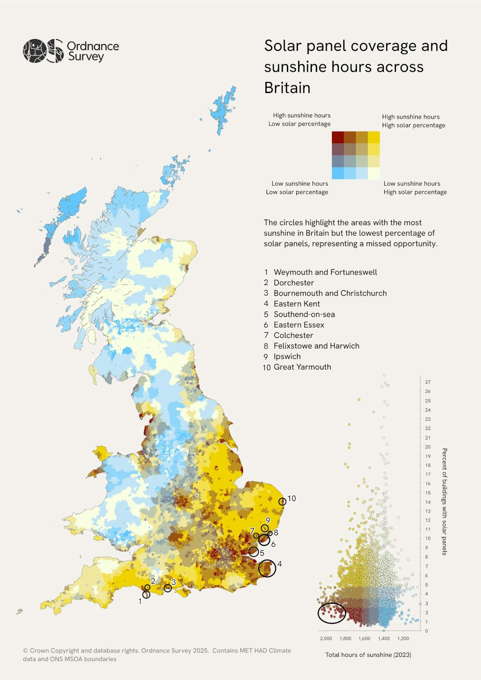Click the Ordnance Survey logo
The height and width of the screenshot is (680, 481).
71,51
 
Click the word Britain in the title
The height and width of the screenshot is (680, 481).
287,88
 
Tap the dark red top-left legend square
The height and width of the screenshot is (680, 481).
338,137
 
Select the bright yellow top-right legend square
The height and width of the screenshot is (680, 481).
374,137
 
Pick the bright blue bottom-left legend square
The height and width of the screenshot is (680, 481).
338,173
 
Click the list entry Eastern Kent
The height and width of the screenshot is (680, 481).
297,304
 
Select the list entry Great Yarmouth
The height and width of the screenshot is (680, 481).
302,367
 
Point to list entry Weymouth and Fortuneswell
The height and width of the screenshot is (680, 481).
325,272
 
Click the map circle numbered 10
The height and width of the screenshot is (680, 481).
282,501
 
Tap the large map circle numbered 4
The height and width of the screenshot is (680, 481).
267,568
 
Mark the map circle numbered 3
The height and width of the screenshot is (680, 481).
168,588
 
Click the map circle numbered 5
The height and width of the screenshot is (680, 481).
253,552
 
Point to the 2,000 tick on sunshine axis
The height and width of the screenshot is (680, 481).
326,638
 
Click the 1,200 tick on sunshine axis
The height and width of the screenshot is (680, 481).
403,638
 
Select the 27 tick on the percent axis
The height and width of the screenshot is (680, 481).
428,382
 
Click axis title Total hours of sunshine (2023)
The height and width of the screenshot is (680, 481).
368,655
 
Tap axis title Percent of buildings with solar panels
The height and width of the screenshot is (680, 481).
444,502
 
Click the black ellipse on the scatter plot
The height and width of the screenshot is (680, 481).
332,613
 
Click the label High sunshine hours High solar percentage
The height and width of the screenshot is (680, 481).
413,121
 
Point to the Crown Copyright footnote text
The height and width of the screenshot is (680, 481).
157,655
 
